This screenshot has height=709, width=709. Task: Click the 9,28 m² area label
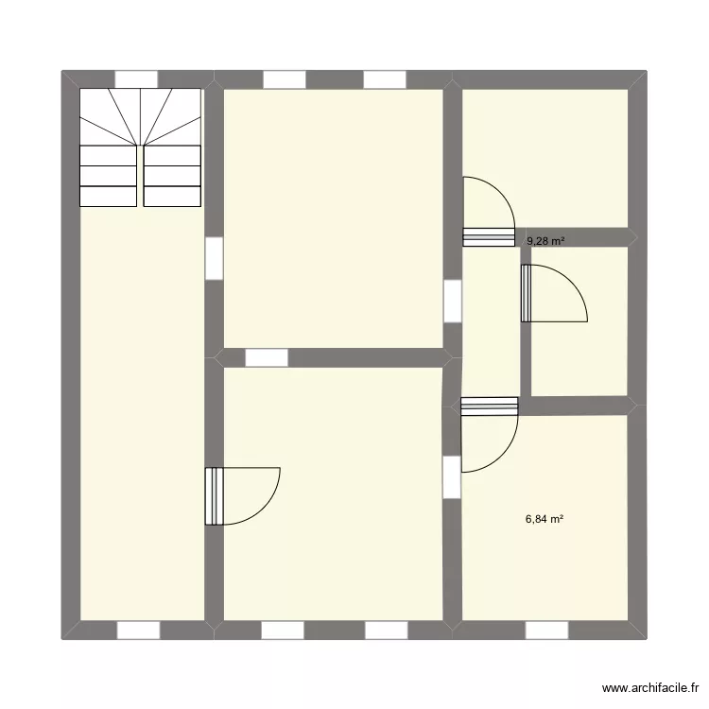545,241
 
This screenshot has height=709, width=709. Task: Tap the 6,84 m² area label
545,518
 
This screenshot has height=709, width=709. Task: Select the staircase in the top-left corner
141,147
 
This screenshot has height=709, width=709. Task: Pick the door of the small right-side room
552,294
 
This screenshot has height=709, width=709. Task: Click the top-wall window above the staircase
136,78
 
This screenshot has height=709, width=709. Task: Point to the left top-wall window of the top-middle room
285,78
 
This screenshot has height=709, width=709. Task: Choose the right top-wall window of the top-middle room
385,78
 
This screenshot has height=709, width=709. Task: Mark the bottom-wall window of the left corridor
138,630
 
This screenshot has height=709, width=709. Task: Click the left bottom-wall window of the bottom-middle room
283,630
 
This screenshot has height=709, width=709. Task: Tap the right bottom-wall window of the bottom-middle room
385,630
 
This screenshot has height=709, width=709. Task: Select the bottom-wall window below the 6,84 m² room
546,630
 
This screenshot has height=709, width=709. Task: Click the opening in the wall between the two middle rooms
266,357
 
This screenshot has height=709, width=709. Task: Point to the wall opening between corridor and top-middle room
214,257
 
